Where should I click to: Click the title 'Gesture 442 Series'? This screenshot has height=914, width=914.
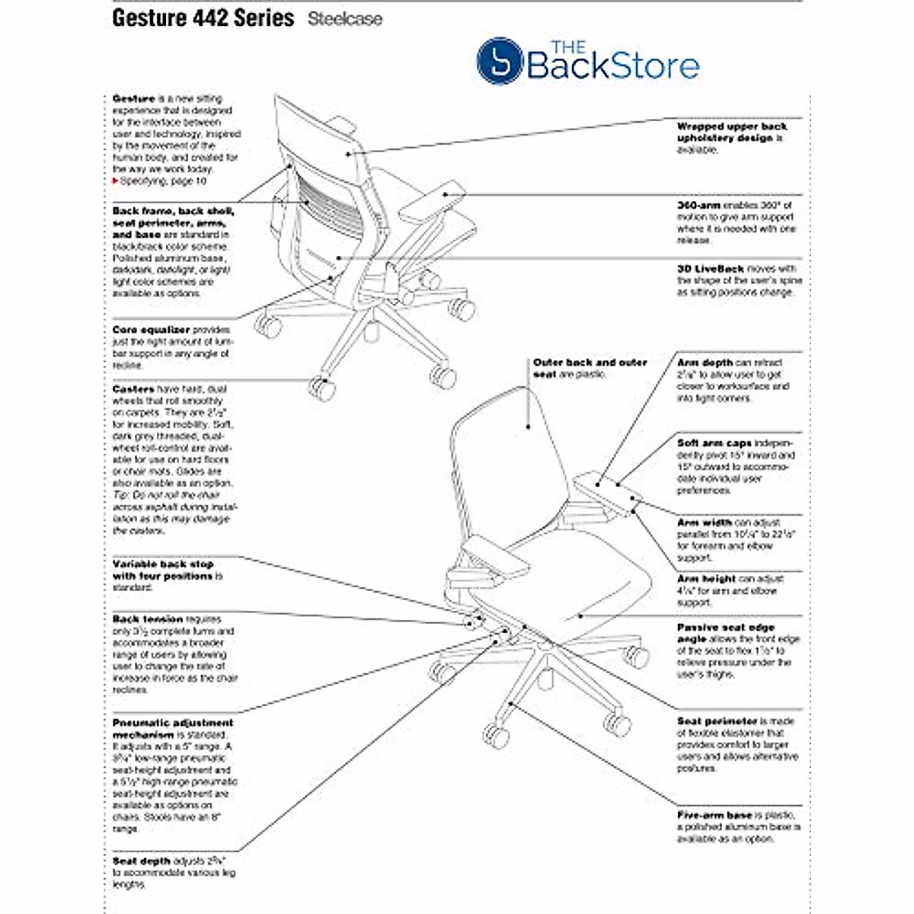[203, 18]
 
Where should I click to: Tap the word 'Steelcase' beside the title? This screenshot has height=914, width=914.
[345, 20]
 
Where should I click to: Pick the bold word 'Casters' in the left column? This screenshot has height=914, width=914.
[133, 389]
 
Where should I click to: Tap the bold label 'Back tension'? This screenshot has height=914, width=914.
[148, 619]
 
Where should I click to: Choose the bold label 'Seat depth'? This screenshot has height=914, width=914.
[142, 861]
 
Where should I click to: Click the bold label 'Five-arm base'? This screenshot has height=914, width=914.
[714, 815]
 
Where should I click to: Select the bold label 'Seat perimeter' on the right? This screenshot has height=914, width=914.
[717, 721]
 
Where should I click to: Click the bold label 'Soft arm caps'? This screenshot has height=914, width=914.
[714, 443]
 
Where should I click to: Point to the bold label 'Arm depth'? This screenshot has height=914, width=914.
[705, 363]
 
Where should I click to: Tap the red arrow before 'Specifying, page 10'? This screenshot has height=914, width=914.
[115, 181]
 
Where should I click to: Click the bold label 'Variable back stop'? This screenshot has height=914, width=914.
[163, 564]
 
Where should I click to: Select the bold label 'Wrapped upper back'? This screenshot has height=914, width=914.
[732, 126]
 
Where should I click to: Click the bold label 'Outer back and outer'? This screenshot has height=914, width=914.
[590, 363]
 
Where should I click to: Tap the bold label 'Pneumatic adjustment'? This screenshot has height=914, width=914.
[173, 723]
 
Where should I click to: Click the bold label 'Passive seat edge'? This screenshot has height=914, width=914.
[725, 628]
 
